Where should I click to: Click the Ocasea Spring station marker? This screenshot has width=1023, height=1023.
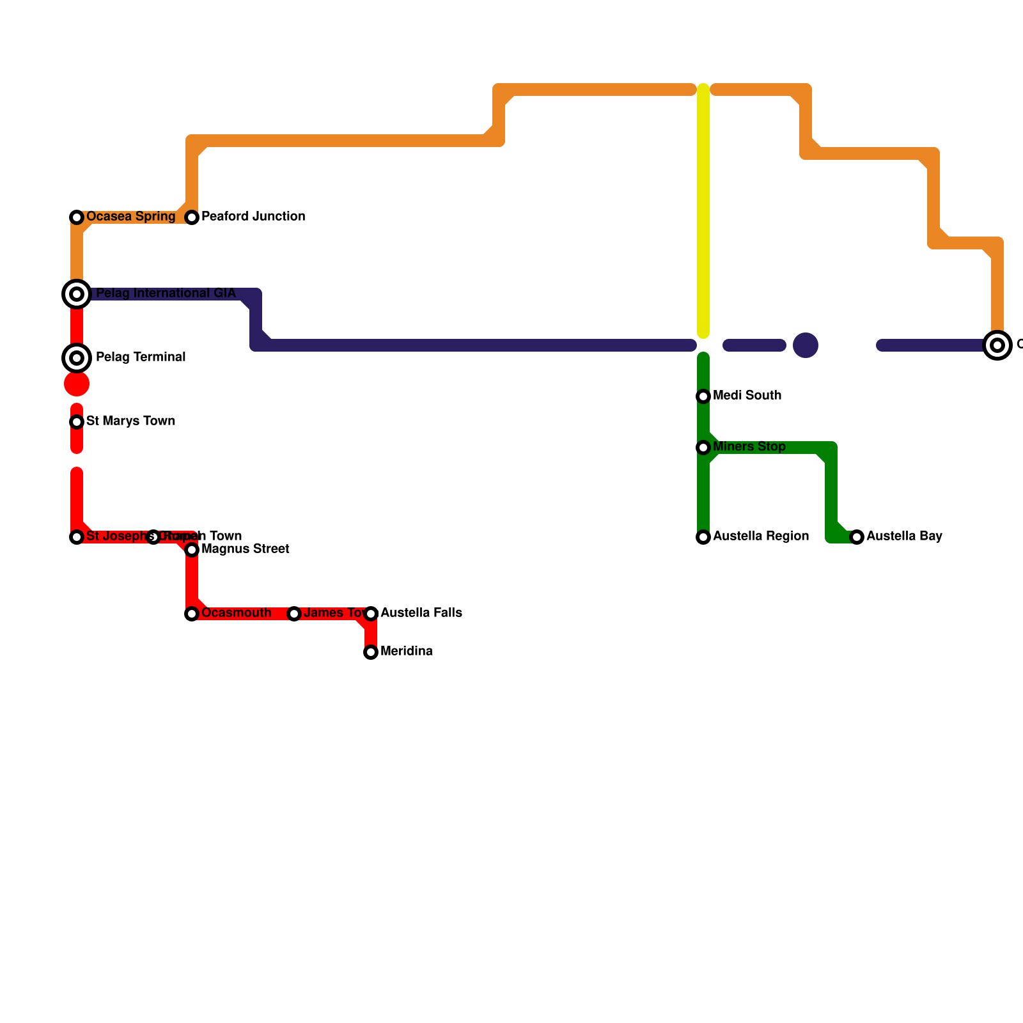coord(77,217)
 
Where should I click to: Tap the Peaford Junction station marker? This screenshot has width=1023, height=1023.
coord(192,217)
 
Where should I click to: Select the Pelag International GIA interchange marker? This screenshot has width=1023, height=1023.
coord(77,294)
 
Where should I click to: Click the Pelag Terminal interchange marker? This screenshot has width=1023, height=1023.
coord(77,358)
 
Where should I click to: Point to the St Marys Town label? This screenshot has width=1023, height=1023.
coord(130,421)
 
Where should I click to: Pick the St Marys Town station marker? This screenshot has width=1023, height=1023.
coord(77,422)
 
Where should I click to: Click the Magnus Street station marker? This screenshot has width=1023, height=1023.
coord(192,550)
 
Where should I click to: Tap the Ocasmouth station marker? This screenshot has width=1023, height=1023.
coord(192,614)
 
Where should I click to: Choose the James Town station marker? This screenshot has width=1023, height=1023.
coord(294,614)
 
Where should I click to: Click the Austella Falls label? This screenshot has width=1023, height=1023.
coord(421,613)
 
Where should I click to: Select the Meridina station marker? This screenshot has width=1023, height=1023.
coord(371,652)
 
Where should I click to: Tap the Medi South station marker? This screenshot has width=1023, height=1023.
coord(703,396)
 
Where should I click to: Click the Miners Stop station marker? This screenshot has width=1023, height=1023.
coord(703,448)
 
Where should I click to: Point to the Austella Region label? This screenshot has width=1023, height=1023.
coord(761,536)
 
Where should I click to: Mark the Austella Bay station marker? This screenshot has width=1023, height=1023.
coord(857,537)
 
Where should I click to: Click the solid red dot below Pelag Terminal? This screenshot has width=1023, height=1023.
coord(77,384)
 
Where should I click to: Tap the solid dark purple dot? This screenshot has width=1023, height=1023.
coord(806,345)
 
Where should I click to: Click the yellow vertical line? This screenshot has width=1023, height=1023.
coord(703,211)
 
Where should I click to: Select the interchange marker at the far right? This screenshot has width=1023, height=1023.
coord(997,345)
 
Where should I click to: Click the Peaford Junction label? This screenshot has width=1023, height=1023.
coord(253,217)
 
